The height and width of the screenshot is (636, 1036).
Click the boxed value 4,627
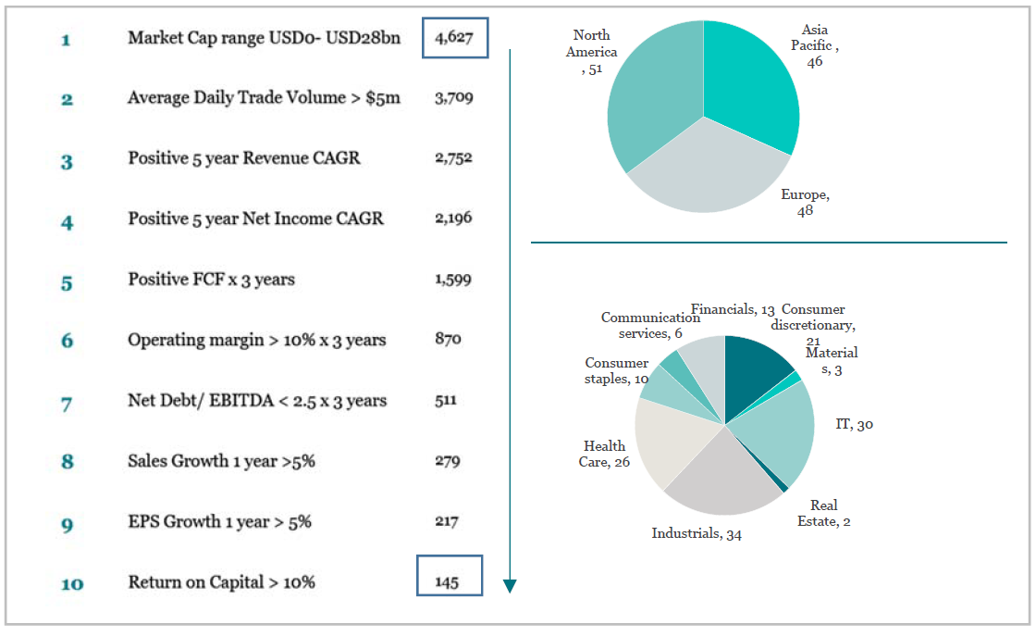(x=453, y=38)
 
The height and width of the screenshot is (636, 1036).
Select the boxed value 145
(x=448, y=583)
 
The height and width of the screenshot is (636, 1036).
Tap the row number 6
(x=67, y=341)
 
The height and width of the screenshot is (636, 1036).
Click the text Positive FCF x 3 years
(x=211, y=280)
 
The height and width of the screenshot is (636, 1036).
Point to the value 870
(x=448, y=339)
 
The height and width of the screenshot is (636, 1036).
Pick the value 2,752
(x=453, y=158)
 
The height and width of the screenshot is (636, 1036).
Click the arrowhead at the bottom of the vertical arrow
(x=510, y=586)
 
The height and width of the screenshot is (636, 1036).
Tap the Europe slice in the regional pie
(x=708, y=171)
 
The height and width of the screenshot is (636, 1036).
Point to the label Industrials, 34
(x=696, y=534)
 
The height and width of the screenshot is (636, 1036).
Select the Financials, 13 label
(x=732, y=310)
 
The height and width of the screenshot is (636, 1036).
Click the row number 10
(x=71, y=583)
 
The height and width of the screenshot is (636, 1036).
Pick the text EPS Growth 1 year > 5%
(x=219, y=522)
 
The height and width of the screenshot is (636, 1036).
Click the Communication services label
(x=649, y=325)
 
